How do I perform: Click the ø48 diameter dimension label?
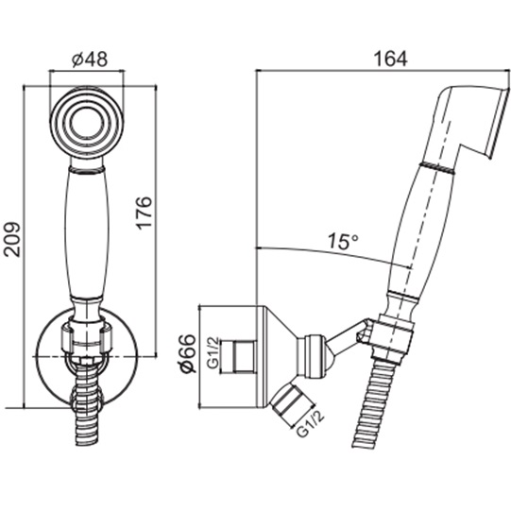click(x=90, y=60)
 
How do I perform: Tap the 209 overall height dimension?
click(x=12, y=240)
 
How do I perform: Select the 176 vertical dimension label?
click(x=144, y=213)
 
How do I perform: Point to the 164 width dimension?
click(x=390, y=59)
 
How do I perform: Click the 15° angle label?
click(x=343, y=241)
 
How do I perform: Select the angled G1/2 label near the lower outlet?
click(x=311, y=424)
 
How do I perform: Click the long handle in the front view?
click(x=86, y=233)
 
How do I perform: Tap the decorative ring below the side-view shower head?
click(x=438, y=166)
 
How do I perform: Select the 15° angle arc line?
click(x=335, y=253)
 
